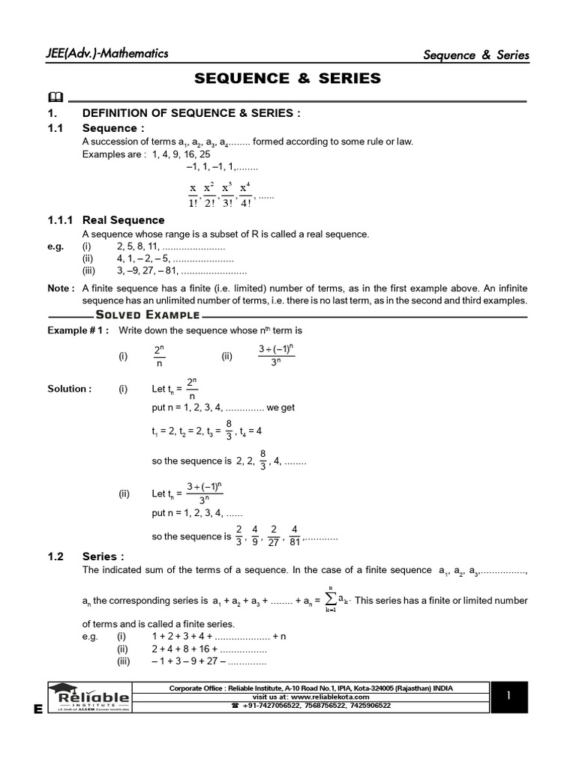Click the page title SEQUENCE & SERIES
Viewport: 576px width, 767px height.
tap(288, 78)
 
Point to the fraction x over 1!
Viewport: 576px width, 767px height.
tap(193, 196)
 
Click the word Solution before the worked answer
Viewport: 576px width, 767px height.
tap(70, 389)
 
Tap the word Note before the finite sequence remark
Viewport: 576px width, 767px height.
tap(61, 288)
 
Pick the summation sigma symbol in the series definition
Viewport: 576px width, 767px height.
tap(331, 598)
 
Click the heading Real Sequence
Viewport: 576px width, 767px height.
tap(123, 220)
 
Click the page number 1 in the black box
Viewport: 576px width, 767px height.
tap(508, 697)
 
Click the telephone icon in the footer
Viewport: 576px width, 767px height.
tap(235, 706)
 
